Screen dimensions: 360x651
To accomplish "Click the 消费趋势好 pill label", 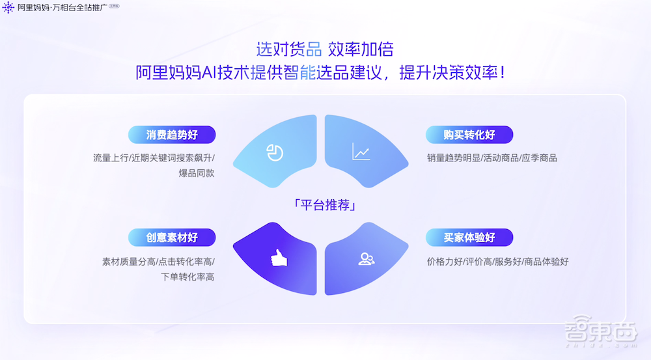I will click(x=172, y=135).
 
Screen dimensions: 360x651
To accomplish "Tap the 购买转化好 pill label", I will click(x=469, y=135).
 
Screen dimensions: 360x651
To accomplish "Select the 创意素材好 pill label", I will click(x=172, y=238).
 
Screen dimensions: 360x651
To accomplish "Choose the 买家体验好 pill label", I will click(x=469, y=238).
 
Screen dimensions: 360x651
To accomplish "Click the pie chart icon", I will click(x=275, y=152).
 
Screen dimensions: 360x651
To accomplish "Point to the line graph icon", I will click(x=361, y=152).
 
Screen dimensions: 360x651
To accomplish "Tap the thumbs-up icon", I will click(x=279, y=258).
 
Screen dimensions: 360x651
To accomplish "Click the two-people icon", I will click(x=367, y=258).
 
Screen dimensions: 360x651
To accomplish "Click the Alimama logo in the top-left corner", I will click(x=8, y=8).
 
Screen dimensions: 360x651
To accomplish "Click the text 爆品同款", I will click(x=197, y=173).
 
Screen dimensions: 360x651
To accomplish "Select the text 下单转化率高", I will click(x=187, y=277).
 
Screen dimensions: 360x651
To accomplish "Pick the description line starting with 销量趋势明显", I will click(x=492, y=158).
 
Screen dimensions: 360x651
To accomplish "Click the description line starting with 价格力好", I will click(x=497, y=262).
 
